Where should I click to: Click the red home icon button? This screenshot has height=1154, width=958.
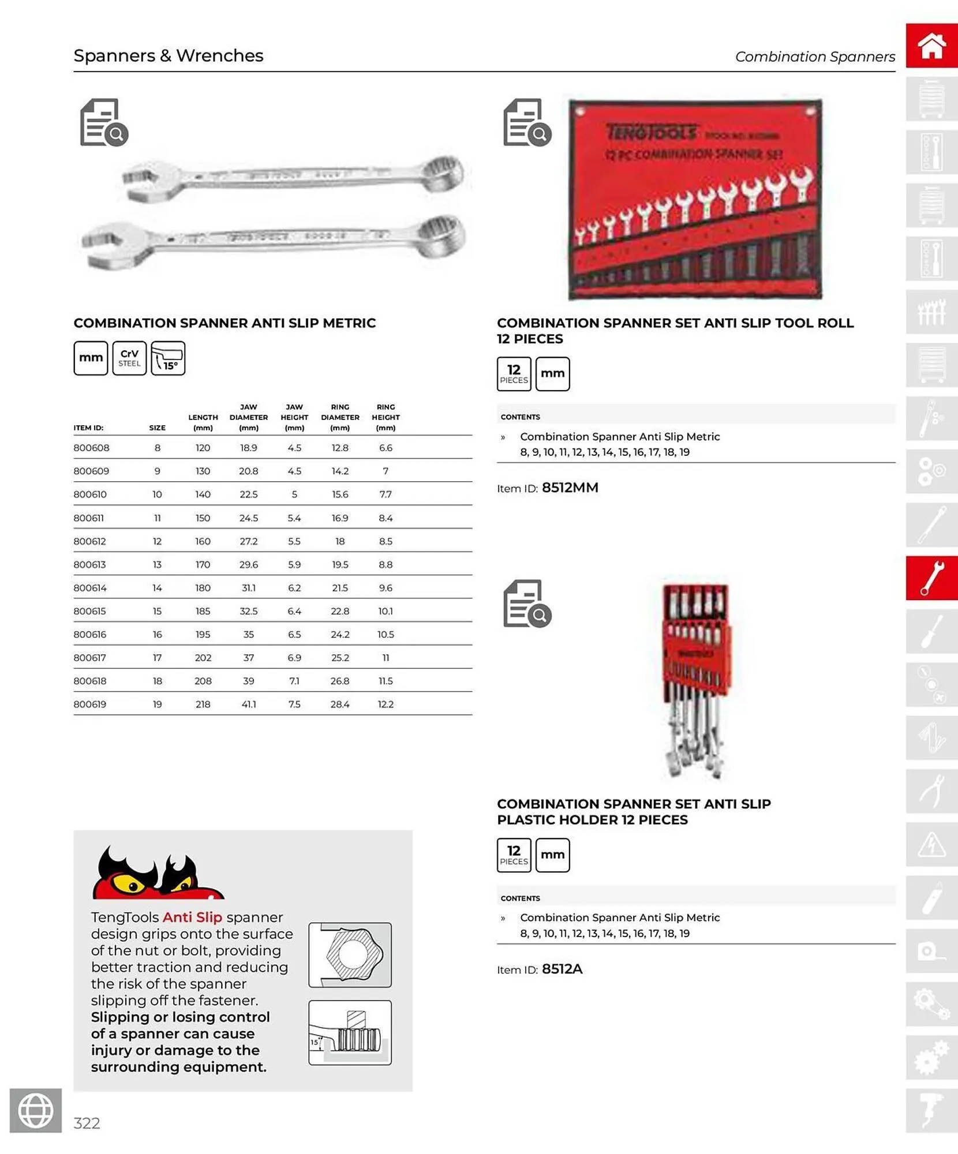click(931, 46)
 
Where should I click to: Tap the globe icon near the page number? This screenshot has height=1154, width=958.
click(36, 1110)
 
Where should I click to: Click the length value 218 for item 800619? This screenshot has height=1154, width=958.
click(203, 704)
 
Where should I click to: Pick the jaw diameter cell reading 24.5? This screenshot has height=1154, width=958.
click(248, 518)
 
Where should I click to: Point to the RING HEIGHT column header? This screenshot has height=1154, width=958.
click(386, 417)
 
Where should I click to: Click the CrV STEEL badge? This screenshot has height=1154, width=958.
click(129, 358)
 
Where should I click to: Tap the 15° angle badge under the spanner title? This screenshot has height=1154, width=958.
click(168, 358)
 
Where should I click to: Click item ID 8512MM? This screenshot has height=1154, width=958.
click(570, 488)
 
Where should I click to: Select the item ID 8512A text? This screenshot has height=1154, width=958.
click(562, 969)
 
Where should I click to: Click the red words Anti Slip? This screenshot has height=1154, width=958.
click(192, 917)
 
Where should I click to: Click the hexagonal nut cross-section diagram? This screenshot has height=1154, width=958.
click(350, 955)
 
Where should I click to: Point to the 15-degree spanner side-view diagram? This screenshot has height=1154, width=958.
click(350, 1032)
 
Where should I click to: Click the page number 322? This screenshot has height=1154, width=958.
click(87, 1123)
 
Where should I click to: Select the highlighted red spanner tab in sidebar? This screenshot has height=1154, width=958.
click(931, 578)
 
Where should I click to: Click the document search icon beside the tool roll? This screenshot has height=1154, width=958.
click(527, 122)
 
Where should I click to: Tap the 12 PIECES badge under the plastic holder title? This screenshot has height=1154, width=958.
click(514, 855)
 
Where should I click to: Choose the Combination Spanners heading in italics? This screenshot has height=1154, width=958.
click(814, 57)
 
